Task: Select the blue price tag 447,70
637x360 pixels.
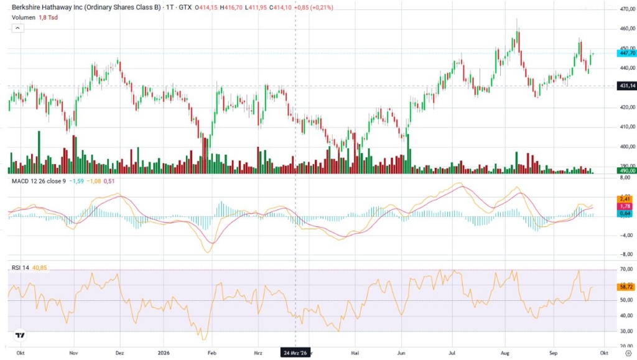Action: [x=626, y=53]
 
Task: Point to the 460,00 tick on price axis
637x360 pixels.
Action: [x=627, y=29]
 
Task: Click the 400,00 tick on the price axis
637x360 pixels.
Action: [x=627, y=147]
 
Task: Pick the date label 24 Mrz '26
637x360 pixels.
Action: [x=295, y=353]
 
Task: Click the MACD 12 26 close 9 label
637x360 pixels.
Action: [x=39, y=181]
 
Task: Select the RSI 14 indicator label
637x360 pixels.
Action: [x=21, y=268]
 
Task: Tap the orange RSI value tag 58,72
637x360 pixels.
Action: [x=626, y=287]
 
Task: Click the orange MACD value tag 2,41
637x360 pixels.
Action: [x=625, y=200]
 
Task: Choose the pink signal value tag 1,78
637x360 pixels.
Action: [x=625, y=206]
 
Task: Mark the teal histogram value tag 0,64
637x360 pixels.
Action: [x=625, y=213]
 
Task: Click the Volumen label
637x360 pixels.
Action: [x=24, y=17]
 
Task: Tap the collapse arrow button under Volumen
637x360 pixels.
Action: [x=17, y=28]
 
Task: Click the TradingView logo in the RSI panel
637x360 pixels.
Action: [x=20, y=335]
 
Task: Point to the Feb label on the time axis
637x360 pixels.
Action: [x=212, y=353]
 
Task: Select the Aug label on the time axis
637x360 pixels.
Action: [x=505, y=353]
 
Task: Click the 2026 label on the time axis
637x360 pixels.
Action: [x=164, y=353]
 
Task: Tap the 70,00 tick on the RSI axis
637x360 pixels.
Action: [x=627, y=269]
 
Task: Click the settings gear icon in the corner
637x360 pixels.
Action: [x=628, y=354]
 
